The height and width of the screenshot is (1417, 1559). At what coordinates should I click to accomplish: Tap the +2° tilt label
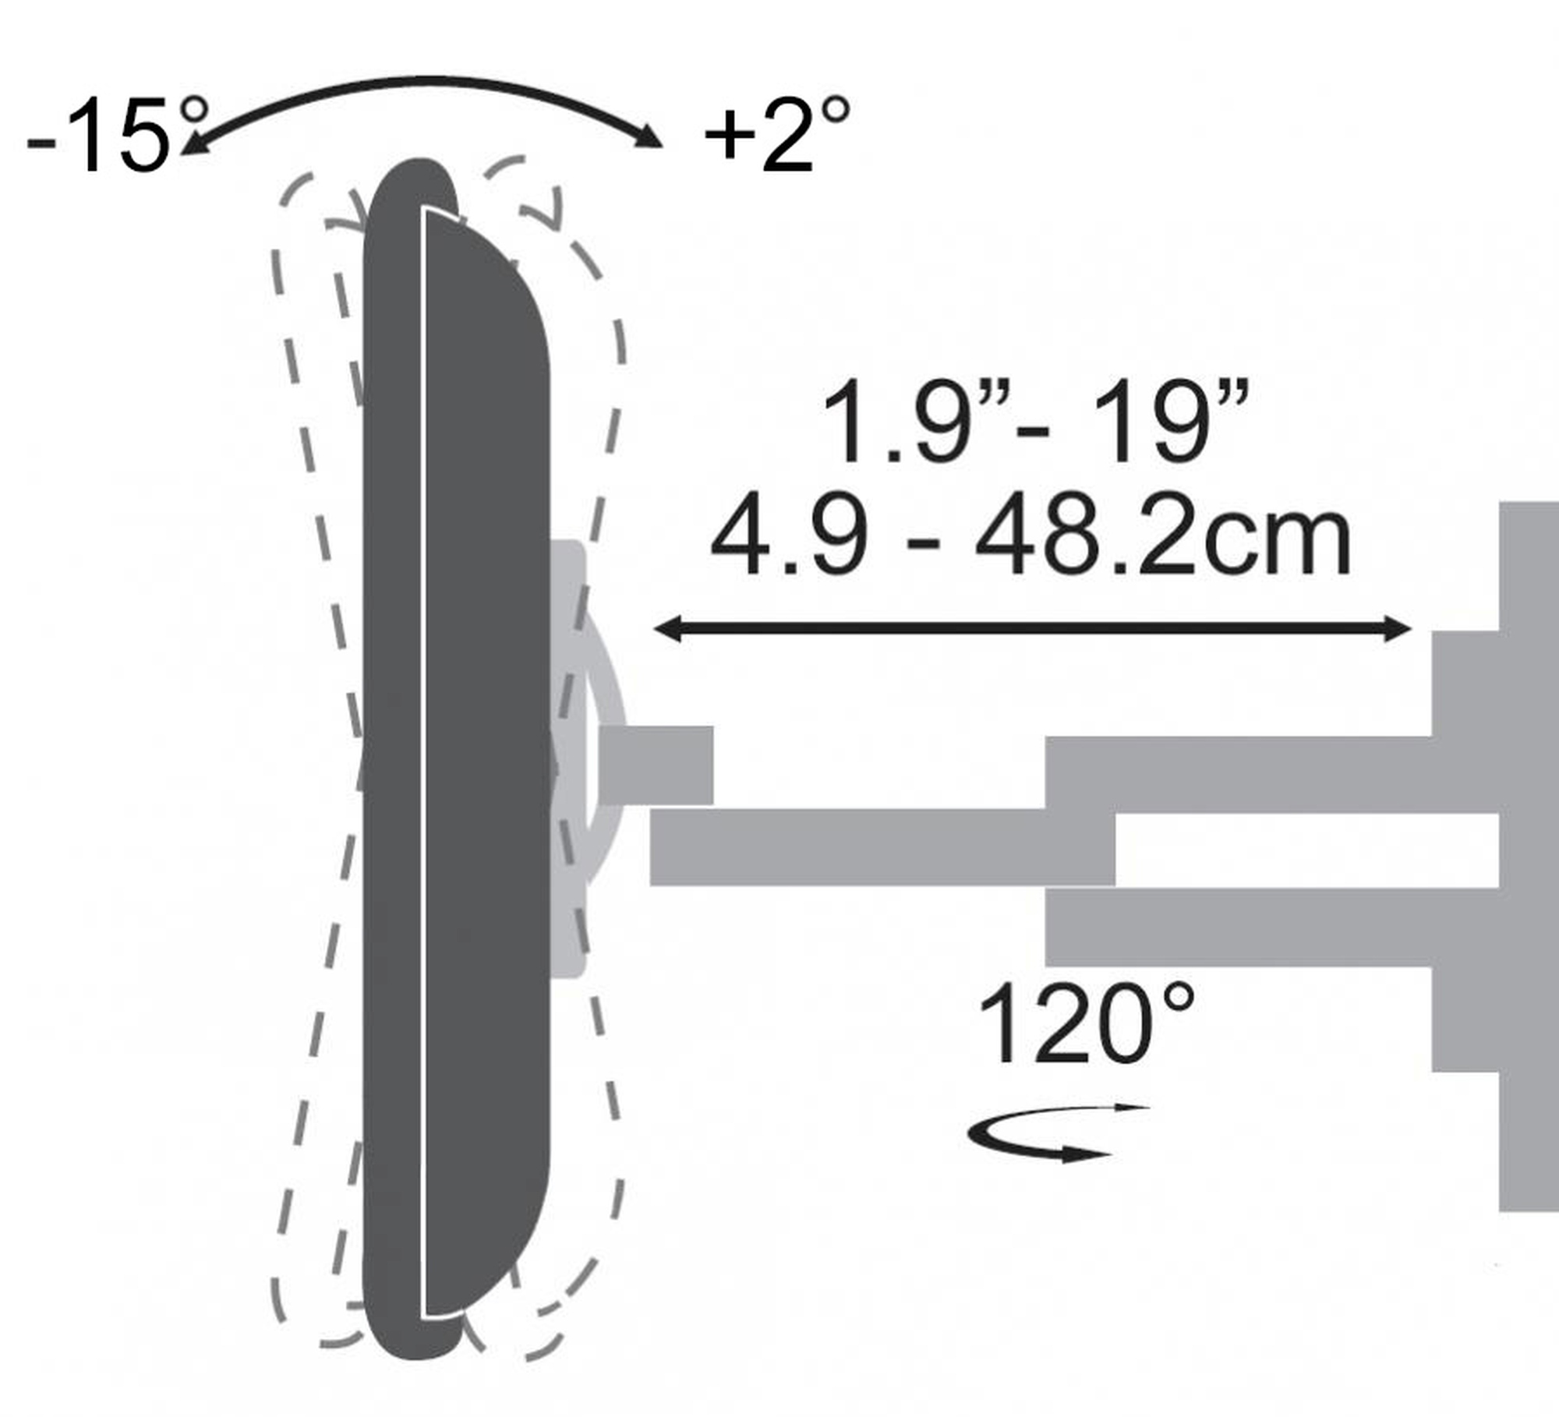776,134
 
